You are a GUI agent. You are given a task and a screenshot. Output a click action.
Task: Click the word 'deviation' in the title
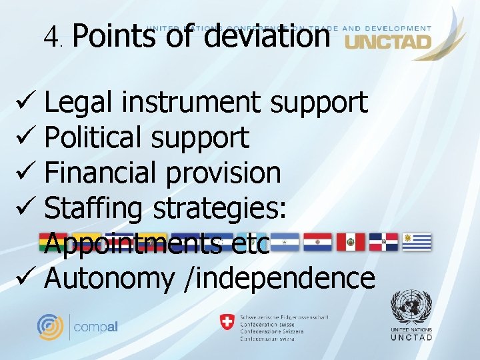tap(266, 35)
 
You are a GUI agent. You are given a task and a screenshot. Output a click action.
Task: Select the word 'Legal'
tap(79, 103)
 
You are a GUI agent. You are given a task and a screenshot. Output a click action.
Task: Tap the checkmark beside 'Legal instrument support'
tap(21, 103)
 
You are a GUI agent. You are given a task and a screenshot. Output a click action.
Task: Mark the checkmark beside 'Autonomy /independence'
tap(21, 278)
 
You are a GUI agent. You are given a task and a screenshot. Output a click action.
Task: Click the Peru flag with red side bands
tap(350, 241)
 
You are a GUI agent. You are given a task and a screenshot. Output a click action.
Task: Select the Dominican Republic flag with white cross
tap(384, 241)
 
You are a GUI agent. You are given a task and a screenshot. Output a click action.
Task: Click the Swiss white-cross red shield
tap(227, 322)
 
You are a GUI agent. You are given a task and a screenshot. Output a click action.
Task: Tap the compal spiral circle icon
tap(50, 327)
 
